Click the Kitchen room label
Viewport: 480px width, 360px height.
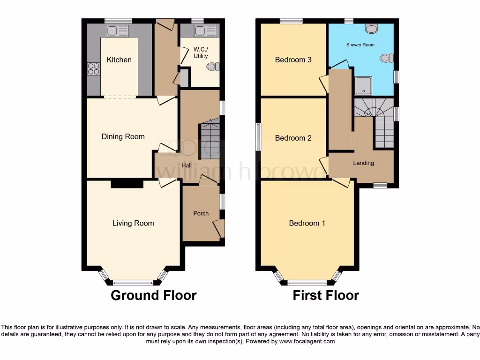(119, 60)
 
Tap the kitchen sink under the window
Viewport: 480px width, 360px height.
(118, 31)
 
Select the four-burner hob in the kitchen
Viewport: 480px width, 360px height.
(93, 69)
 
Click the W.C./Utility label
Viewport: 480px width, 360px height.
(201, 53)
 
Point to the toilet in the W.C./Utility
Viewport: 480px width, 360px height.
(212, 67)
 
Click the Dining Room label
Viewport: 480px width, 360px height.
(123, 136)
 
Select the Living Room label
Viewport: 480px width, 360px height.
(133, 223)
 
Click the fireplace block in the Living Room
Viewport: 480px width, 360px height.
(127, 184)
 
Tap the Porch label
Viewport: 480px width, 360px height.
(201, 213)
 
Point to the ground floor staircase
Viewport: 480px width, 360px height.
(209, 139)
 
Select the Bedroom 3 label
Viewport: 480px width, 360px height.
(293, 60)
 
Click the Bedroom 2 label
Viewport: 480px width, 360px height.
(293, 138)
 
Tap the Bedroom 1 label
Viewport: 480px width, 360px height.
(307, 223)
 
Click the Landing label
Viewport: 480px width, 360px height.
(363, 163)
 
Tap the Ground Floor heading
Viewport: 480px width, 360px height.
(153, 295)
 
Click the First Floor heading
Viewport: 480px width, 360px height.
(326, 295)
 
